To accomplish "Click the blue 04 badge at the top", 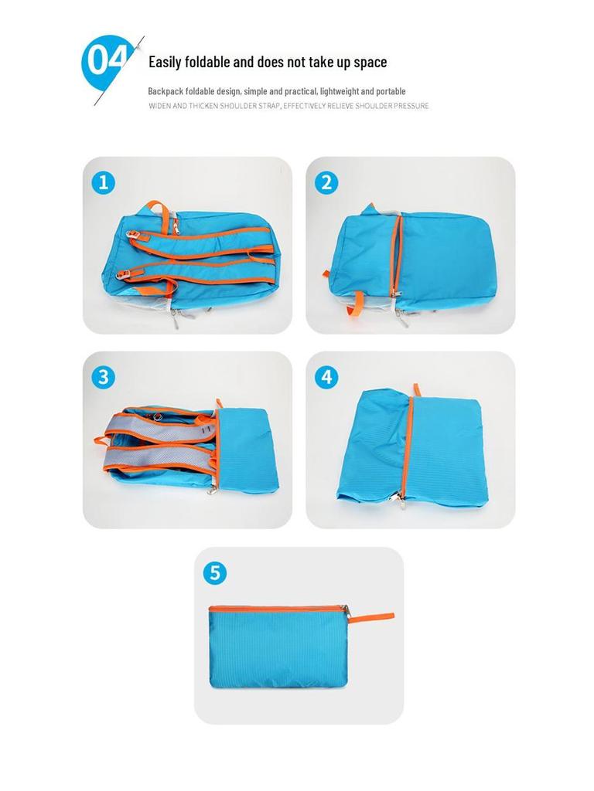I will pyautogui.click(x=103, y=62).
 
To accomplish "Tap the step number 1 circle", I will pyautogui.click(x=103, y=183).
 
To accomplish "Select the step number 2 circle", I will pyautogui.click(x=326, y=183).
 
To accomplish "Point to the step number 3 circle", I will pyautogui.click(x=103, y=377).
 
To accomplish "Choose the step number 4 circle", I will pyautogui.click(x=326, y=377).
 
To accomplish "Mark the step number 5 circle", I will pyautogui.click(x=214, y=573).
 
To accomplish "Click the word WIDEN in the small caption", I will pyautogui.click(x=160, y=106).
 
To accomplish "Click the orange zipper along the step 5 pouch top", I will pyautogui.click(x=278, y=609).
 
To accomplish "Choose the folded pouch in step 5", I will pyautogui.click(x=282, y=649).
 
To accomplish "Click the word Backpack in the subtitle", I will pyautogui.click(x=166, y=91).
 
